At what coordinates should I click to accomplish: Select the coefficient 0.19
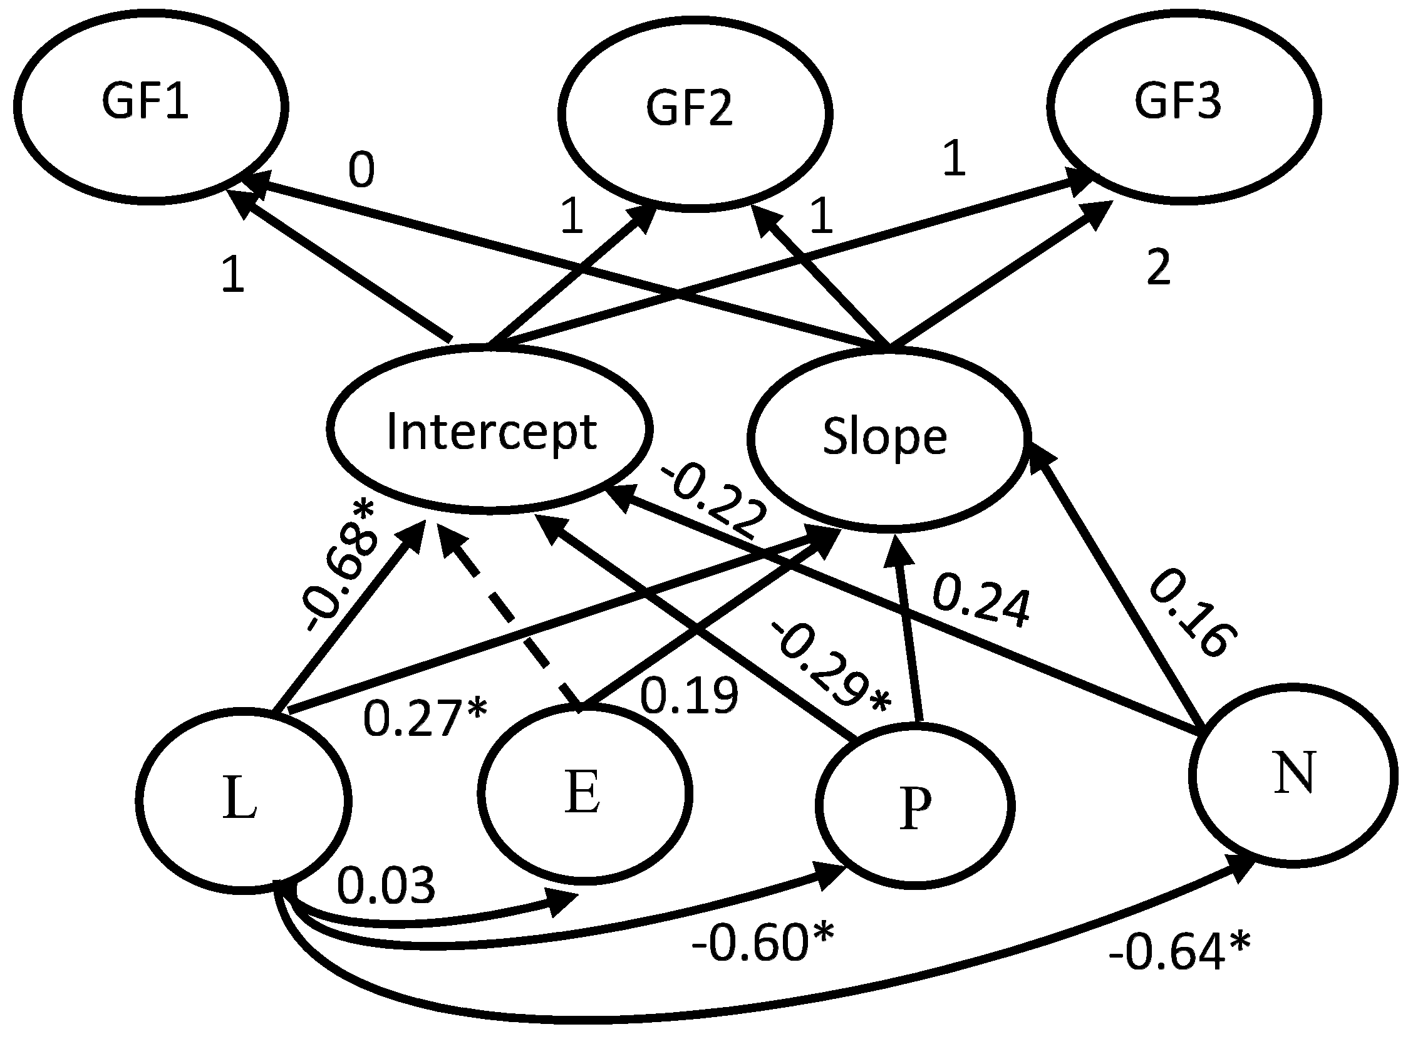[688, 696]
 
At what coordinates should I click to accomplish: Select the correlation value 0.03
[385, 885]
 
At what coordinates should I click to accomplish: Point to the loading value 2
[1158, 267]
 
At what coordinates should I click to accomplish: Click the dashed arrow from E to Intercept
[509, 619]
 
